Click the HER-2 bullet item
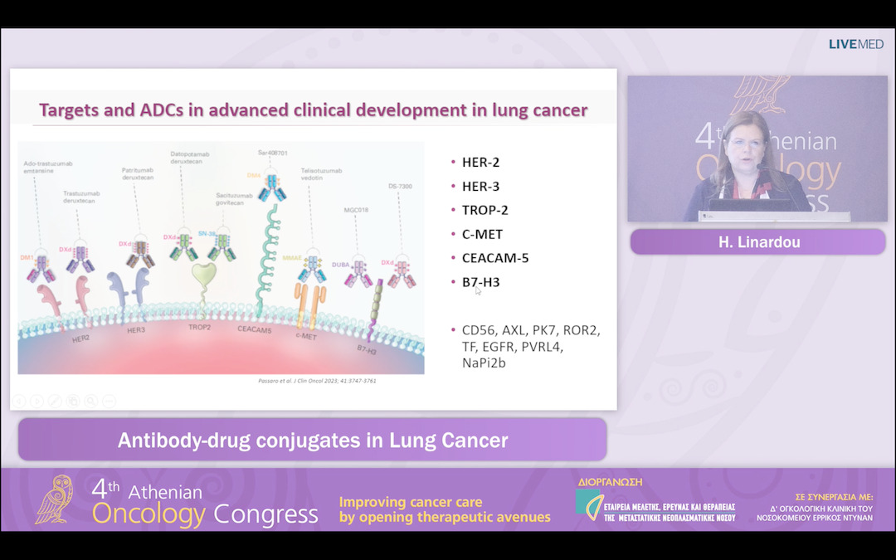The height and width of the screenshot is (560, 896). [480, 163]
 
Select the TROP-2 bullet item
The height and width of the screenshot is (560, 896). [486, 210]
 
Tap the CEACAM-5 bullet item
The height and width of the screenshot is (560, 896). [495, 258]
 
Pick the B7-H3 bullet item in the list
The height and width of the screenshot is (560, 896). [480, 282]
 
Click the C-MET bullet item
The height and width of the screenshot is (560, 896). [482, 234]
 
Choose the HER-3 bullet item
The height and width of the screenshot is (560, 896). [480, 187]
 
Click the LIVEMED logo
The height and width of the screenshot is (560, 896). [856, 44]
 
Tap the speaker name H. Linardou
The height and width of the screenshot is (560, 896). [757, 241]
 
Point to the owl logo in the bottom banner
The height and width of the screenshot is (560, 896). [54, 500]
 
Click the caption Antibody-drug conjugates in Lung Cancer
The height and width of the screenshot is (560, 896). [313, 440]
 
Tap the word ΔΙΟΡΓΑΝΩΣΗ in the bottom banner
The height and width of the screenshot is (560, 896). [610, 482]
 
